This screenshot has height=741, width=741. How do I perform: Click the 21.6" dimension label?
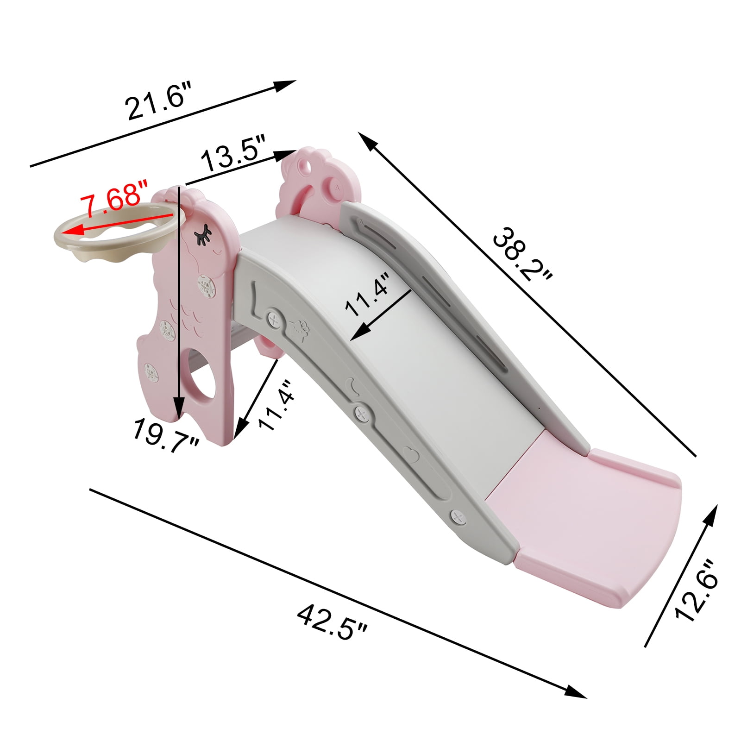[x=158, y=100]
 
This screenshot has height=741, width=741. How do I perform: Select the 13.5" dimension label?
[x=232, y=154]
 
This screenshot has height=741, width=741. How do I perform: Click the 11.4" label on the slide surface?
[x=367, y=295]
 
